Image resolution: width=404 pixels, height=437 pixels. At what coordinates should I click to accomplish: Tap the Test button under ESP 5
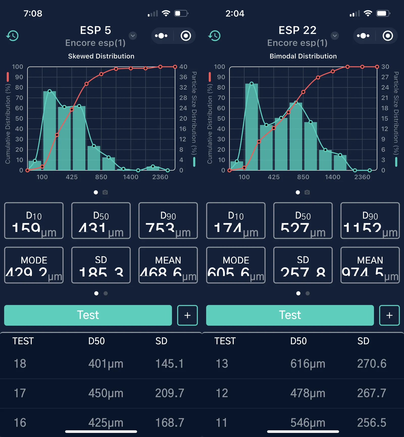point(88,315)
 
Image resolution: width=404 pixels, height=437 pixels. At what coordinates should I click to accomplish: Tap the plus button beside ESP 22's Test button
point(389,315)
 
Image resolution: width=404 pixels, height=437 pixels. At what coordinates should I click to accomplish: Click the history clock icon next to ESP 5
point(12,36)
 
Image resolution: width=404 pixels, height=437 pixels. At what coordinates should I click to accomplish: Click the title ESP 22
point(297,30)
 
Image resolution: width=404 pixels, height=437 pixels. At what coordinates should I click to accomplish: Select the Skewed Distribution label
point(101,56)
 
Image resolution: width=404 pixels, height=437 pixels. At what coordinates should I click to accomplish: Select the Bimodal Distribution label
point(303,56)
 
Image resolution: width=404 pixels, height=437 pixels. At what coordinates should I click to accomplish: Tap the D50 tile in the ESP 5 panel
point(101,220)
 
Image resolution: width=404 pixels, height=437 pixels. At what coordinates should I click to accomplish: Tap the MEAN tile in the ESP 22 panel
point(370,265)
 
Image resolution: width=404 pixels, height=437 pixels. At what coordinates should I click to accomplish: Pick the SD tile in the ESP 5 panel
point(101,265)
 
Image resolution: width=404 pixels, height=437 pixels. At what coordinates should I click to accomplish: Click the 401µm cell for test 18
point(106,364)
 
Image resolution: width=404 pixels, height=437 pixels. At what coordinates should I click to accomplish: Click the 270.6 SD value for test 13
point(371,364)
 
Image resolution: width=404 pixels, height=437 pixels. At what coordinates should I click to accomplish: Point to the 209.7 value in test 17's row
point(169,393)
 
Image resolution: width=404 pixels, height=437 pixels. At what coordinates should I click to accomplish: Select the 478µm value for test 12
point(308,393)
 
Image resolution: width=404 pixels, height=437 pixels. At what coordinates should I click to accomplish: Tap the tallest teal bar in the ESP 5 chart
point(49,131)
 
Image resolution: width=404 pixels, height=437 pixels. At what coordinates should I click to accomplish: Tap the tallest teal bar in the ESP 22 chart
point(251,127)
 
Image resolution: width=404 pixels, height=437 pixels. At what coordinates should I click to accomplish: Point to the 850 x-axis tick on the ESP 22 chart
point(303,177)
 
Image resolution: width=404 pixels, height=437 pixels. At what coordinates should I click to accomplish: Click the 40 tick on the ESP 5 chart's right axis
point(183,67)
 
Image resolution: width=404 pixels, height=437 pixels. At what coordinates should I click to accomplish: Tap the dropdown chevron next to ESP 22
point(335,36)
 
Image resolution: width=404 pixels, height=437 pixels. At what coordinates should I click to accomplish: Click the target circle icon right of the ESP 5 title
point(186,36)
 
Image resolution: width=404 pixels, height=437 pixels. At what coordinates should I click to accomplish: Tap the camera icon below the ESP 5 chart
point(105,192)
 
